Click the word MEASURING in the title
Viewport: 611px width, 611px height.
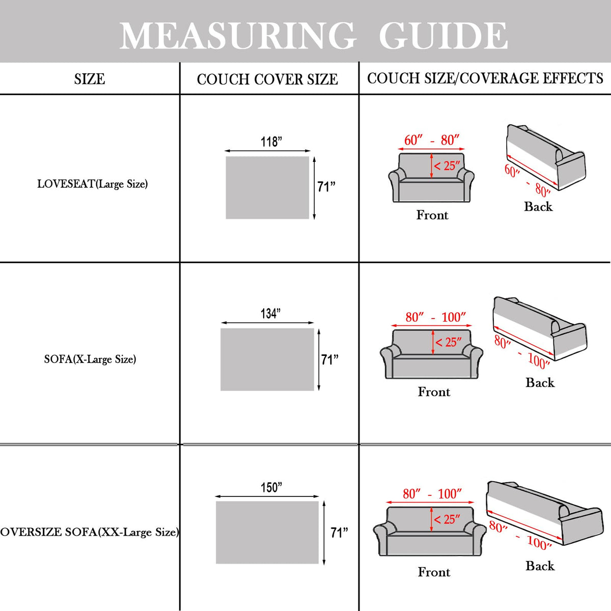[x=237, y=35]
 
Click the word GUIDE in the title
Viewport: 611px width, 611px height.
[x=443, y=35]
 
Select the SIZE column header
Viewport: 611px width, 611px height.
[x=90, y=79]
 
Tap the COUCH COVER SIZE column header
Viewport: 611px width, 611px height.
[x=267, y=79]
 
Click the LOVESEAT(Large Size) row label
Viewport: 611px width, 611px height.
[x=93, y=184]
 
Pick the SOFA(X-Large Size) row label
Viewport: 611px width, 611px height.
[x=90, y=359]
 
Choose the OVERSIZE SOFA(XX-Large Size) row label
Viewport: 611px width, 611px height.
[x=90, y=532]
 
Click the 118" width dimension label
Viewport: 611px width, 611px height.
[x=271, y=142]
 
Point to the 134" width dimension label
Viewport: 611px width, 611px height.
[x=271, y=314]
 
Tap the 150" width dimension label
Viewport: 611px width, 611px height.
[x=271, y=488]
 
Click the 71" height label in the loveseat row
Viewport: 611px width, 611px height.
[x=326, y=186]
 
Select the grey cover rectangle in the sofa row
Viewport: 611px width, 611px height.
[x=267, y=359]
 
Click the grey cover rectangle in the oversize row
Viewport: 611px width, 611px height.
[x=267, y=533]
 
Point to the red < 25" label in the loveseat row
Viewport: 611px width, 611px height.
[x=447, y=166]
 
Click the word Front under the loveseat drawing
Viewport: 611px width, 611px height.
[x=432, y=215]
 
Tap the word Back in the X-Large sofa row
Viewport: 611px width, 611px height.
[x=540, y=382]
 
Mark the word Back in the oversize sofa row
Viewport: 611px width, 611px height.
[x=540, y=566]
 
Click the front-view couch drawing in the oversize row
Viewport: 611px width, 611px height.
[x=430, y=531]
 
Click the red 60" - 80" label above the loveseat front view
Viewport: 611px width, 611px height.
[x=432, y=140]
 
